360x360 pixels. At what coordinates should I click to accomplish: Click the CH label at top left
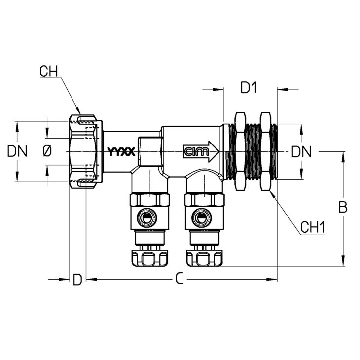(49, 72)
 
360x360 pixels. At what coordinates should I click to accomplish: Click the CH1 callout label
(313, 227)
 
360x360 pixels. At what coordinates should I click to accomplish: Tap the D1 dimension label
(249, 87)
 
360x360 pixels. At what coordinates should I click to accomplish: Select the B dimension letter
(343, 207)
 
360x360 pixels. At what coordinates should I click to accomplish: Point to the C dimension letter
(180, 279)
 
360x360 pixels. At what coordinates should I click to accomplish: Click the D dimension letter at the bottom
(77, 280)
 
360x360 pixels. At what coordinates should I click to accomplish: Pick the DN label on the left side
(17, 151)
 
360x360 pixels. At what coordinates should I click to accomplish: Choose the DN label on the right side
(301, 152)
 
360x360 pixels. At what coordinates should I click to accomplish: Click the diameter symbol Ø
(47, 151)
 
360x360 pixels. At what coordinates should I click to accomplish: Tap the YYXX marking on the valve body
(121, 151)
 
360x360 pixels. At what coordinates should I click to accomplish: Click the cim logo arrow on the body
(201, 152)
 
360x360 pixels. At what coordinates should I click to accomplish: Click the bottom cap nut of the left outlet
(149, 258)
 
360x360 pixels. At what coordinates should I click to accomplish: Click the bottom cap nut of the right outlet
(204, 258)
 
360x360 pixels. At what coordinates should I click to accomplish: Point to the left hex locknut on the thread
(240, 151)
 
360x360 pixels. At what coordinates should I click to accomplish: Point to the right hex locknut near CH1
(266, 151)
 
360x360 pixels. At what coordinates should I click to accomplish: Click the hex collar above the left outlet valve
(150, 200)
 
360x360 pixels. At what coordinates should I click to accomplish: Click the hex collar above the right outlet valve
(204, 200)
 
